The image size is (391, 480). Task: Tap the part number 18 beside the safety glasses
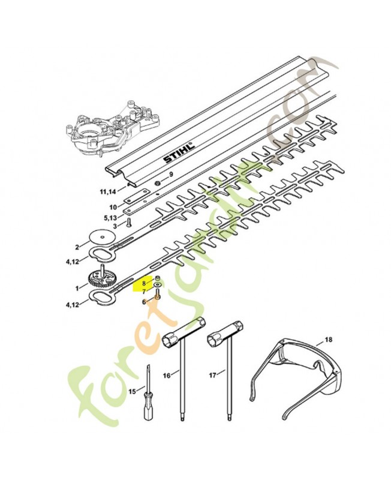click(x=328, y=340)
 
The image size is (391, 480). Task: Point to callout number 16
click(x=167, y=376)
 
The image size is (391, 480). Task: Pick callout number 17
click(x=213, y=375)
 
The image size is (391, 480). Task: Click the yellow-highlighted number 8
click(x=144, y=283)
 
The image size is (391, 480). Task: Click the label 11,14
click(x=108, y=192)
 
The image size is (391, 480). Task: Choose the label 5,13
click(x=110, y=218)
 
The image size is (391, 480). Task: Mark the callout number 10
click(x=113, y=207)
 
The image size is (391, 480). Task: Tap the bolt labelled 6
click(x=157, y=296)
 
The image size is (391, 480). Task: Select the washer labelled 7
click(x=158, y=284)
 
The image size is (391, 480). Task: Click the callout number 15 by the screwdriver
click(x=132, y=391)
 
